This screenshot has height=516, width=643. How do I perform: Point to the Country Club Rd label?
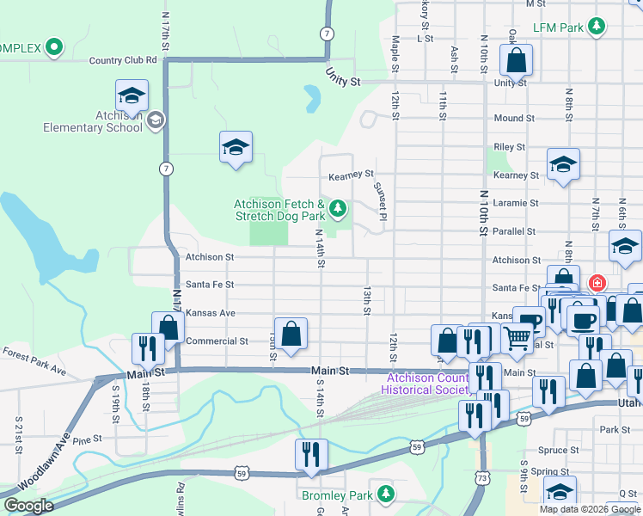coord(123,60)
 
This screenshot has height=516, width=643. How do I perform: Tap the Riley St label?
coord(509,147)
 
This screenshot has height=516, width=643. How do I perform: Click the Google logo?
coord(28,506)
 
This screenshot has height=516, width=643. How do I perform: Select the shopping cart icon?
coord(517,340)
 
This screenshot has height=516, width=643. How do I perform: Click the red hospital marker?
coord(596,282)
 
